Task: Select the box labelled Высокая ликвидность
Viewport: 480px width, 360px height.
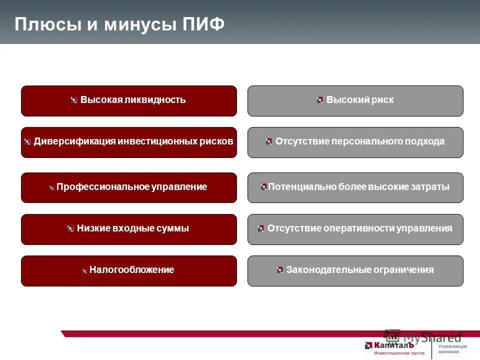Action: pyautogui.click(x=129, y=100)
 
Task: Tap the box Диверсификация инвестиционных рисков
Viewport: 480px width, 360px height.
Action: pyautogui.click(x=129, y=142)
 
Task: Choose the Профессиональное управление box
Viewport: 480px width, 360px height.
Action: pyautogui.click(x=129, y=187)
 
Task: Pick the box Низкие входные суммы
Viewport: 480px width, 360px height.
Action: pyautogui.click(x=129, y=229)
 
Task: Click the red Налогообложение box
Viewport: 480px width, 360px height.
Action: pyautogui.click(x=129, y=270)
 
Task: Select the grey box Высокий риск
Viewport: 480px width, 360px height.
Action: pyautogui.click(x=355, y=100)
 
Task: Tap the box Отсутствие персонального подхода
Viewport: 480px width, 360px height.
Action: pyautogui.click(x=355, y=142)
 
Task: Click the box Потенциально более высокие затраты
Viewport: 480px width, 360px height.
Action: pyautogui.click(x=355, y=187)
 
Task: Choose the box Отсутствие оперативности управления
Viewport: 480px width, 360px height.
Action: pyautogui.click(x=355, y=229)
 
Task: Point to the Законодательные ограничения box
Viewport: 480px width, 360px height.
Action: pyautogui.click(x=355, y=270)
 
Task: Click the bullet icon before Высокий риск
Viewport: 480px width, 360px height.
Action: pyautogui.click(x=320, y=100)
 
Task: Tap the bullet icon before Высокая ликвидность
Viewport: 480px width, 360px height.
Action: pyautogui.click(x=74, y=100)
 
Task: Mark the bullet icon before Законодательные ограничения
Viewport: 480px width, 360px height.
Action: pyautogui.click(x=280, y=270)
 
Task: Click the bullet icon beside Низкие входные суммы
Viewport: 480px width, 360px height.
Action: pyautogui.click(x=70, y=228)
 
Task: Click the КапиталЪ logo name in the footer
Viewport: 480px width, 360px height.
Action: pyautogui.click(x=389, y=345)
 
